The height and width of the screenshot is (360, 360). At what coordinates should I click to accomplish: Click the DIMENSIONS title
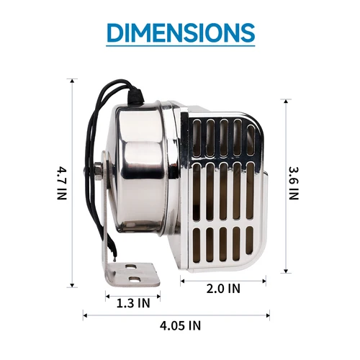click(180, 32)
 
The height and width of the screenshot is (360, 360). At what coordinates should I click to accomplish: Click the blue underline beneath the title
click(180, 48)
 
